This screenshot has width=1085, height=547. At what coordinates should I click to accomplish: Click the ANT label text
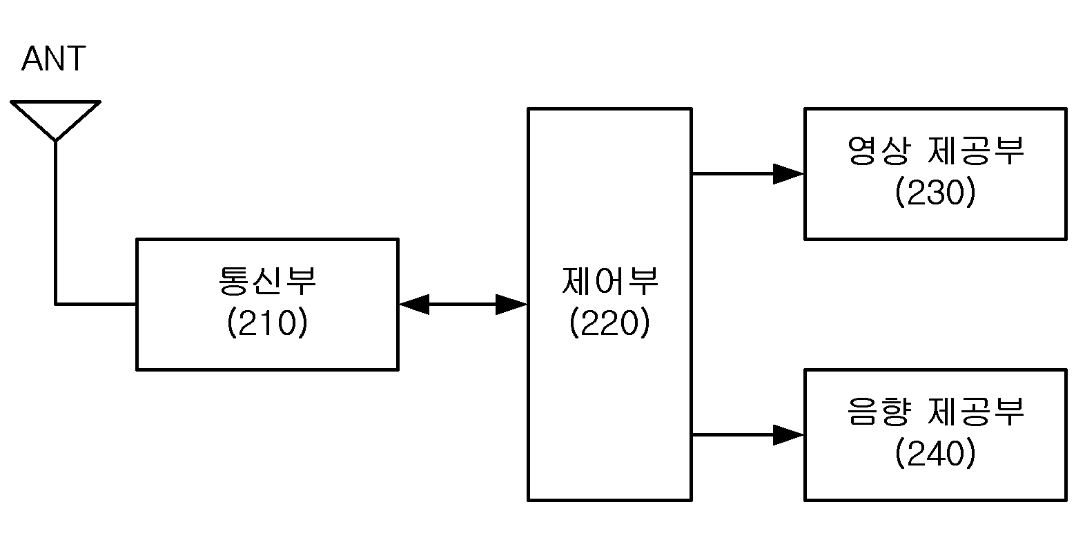point(54,59)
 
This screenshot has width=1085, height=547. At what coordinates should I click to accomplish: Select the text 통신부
point(267,281)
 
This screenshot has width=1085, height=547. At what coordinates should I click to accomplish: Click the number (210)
point(267,323)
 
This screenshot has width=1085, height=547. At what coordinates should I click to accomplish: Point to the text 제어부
point(610,281)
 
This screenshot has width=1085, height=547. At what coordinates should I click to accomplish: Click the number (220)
point(610,323)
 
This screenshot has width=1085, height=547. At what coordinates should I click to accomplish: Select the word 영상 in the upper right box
point(879,151)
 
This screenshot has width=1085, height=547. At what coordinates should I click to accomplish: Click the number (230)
point(935,192)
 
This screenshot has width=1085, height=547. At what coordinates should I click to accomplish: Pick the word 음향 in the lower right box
point(879,412)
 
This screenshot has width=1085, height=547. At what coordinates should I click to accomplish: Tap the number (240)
point(935,454)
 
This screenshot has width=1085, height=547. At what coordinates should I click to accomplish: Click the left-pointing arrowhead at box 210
point(414,305)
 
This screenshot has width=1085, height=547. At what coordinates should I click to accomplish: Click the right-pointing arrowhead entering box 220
point(511,305)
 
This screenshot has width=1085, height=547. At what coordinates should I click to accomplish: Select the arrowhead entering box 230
point(789,173)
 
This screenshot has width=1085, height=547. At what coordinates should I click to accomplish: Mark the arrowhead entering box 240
point(789,435)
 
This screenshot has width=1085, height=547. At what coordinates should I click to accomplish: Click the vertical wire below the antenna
point(56,223)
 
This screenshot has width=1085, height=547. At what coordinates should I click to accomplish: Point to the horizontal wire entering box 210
point(96,305)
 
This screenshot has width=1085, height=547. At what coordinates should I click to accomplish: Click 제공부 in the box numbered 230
point(975,151)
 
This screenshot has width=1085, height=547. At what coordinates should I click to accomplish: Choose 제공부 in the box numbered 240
point(975,412)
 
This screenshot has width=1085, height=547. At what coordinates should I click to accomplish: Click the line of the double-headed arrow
point(462,305)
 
